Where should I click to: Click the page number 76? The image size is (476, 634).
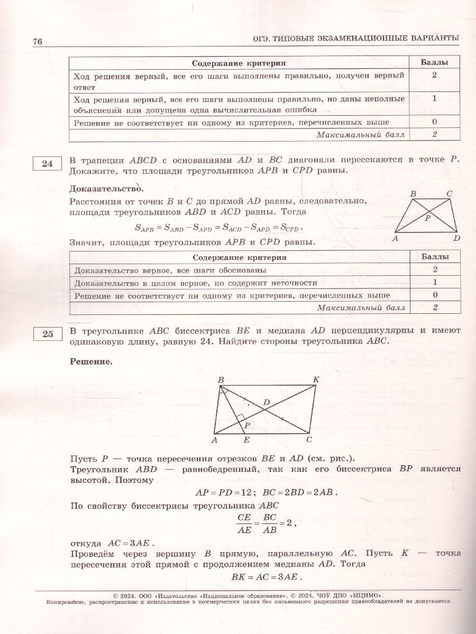[x=37, y=42]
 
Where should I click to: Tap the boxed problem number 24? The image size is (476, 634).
[x=47, y=164]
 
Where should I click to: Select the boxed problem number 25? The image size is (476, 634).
[x=47, y=333]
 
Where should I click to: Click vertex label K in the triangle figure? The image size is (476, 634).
[x=316, y=380]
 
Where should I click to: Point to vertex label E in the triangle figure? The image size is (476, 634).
[x=246, y=439]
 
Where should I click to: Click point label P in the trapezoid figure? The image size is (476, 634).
[x=428, y=217]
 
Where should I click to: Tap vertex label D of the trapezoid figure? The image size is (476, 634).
[x=457, y=238]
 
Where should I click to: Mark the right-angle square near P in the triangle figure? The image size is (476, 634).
[x=240, y=418]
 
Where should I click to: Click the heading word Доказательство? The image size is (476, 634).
[x=106, y=188]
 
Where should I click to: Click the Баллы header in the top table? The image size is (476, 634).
[x=434, y=63]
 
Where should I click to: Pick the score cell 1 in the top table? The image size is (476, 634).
[x=434, y=98]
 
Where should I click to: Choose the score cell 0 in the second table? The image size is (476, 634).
[x=434, y=295]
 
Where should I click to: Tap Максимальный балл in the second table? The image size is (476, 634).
[x=361, y=307]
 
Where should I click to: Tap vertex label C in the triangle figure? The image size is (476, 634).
[x=309, y=439]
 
